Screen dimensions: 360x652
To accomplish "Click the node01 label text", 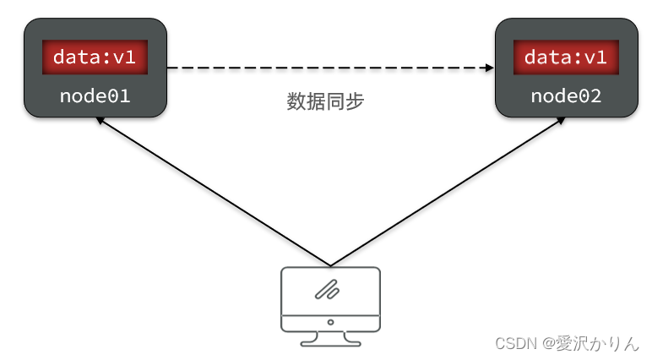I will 95,95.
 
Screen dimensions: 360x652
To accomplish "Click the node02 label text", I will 565,95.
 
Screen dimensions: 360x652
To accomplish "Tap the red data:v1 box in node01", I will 95,57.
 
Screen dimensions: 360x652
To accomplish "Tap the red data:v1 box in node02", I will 565,57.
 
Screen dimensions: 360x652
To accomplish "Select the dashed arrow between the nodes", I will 329,68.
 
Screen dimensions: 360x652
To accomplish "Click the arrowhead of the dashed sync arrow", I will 489,68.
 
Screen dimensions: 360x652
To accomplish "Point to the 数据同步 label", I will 325,102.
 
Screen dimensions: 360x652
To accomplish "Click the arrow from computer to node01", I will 211,191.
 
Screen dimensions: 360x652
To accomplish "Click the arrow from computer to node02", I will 448,191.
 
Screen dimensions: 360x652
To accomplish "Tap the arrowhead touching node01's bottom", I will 101,121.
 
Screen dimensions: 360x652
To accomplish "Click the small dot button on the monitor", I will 329,322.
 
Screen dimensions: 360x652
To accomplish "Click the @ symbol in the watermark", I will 549,343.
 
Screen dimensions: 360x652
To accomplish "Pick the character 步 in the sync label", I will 355,102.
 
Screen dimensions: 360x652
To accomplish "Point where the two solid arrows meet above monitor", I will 329,265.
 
